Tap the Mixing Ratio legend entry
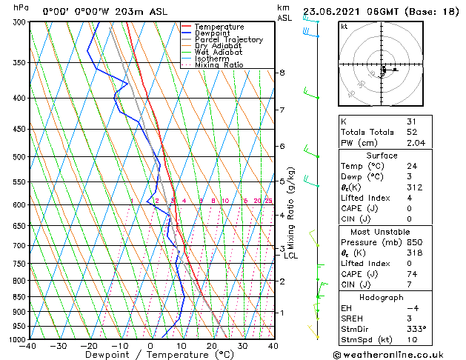pyautogui.click(x=219, y=65)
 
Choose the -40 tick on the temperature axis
pyautogui.click(x=28, y=346)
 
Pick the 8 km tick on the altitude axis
pyautogui.click(x=282, y=73)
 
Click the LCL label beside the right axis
pyautogui.click(x=291, y=256)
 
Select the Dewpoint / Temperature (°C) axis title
pyautogui.click(x=150, y=355)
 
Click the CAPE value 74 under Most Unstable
pyautogui.click(x=412, y=275)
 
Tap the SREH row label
pyautogui.click(x=353, y=319)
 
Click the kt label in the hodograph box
pyautogui.click(x=344, y=26)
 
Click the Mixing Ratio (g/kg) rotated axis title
pyautogui.click(x=291, y=212)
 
